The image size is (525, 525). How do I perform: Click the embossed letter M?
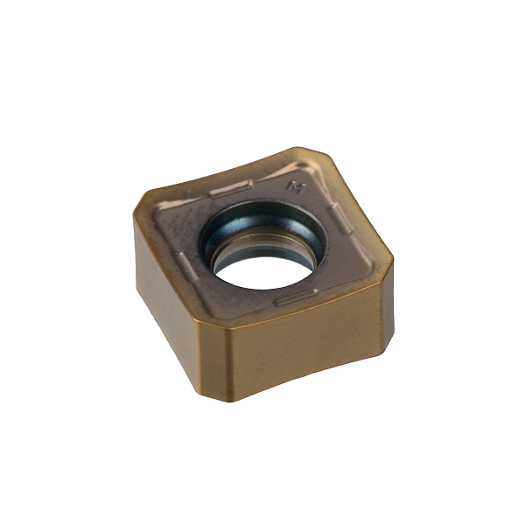(x=296, y=187)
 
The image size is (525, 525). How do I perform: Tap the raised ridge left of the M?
(x=231, y=188)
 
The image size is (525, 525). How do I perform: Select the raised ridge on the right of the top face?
(x=340, y=219)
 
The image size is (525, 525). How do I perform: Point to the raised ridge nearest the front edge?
(x=296, y=297)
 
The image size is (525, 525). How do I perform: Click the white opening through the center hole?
(x=264, y=272)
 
